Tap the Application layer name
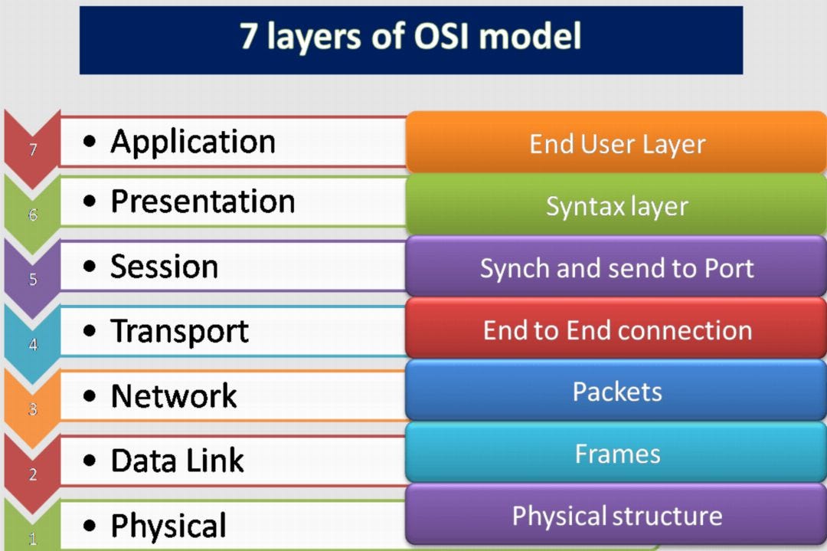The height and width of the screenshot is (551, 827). (193, 142)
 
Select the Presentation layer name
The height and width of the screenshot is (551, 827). (203, 202)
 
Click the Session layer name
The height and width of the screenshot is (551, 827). (165, 267)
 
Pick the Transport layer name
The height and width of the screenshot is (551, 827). (180, 331)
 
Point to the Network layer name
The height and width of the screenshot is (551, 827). (175, 396)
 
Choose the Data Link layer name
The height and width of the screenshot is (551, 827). (178, 461)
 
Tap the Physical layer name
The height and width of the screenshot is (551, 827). (168, 526)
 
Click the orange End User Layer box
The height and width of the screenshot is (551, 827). (616, 143)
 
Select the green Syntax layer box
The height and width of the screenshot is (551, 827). (616, 205)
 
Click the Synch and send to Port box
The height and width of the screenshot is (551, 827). (616, 267)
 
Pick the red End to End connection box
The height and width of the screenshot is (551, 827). (616, 330)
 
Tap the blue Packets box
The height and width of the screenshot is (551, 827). (616, 391)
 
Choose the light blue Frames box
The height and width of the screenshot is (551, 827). (616, 453)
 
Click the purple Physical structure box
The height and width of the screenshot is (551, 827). (616, 515)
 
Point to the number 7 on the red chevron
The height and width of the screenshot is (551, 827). (33, 150)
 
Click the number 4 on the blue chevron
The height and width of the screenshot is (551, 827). (33, 345)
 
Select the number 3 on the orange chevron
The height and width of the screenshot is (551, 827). (33, 410)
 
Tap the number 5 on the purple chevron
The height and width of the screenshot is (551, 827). (33, 280)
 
